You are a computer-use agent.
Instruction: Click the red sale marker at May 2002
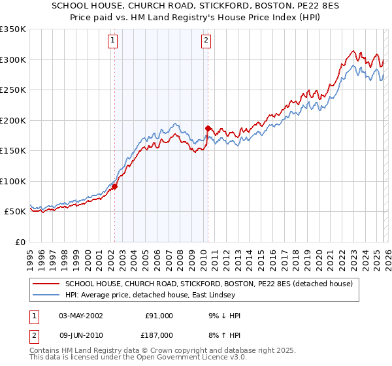pos(114,186)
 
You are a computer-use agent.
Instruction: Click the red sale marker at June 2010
pos(208,128)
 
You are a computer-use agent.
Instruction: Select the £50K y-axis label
pos(16,212)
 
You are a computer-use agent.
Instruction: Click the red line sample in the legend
pos(46,284)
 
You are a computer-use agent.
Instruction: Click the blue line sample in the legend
pos(46,294)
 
